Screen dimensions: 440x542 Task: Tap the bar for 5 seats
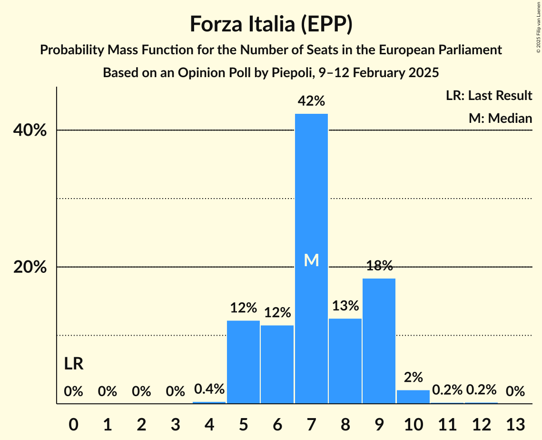pos(243,362)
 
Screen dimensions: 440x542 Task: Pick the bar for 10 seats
pos(413,397)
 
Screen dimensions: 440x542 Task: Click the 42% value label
pos(311,101)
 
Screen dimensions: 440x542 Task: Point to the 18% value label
pos(379,266)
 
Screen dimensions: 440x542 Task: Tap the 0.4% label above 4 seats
pos(209,389)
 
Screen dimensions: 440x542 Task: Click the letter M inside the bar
pos(311,260)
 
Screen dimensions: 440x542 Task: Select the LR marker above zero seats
pos(74,364)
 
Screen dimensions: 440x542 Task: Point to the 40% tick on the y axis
pos(30,130)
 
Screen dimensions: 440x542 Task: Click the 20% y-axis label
pos(30,267)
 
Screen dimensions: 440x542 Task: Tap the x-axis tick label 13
pos(515,424)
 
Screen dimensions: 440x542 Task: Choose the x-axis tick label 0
pos(73,424)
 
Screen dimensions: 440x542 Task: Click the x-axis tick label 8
pos(345,424)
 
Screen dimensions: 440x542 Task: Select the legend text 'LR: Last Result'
pos(489,96)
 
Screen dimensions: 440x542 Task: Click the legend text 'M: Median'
pos(500,118)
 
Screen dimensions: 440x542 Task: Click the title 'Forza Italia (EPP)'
pos(271,24)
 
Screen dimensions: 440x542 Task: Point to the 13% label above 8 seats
pos(345,306)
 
